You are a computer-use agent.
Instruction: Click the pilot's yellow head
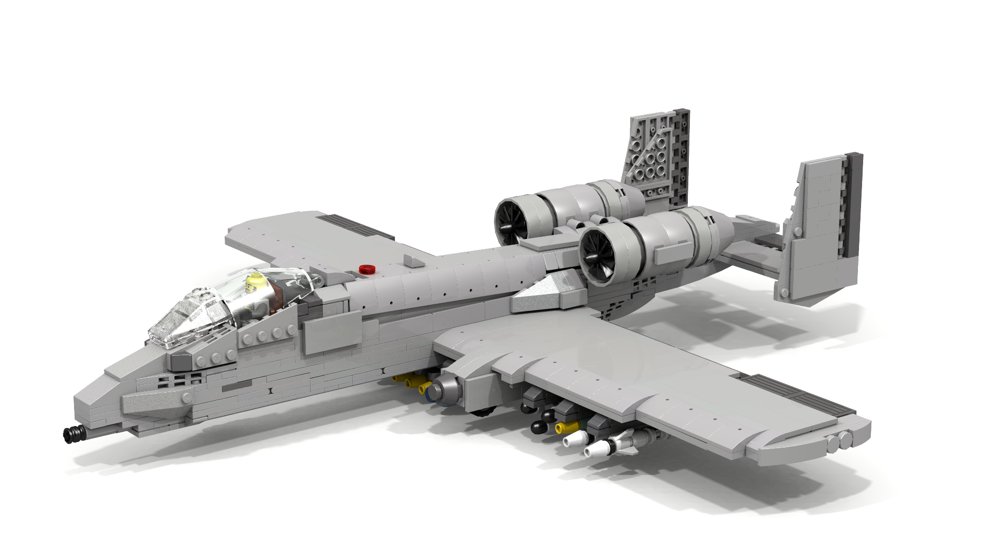[x=255, y=282]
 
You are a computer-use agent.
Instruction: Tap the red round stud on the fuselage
[x=367, y=269]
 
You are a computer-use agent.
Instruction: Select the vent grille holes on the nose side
[x=180, y=380]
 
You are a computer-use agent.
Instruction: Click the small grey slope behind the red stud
[x=414, y=261]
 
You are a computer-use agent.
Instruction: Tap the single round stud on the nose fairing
[x=187, y=398]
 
